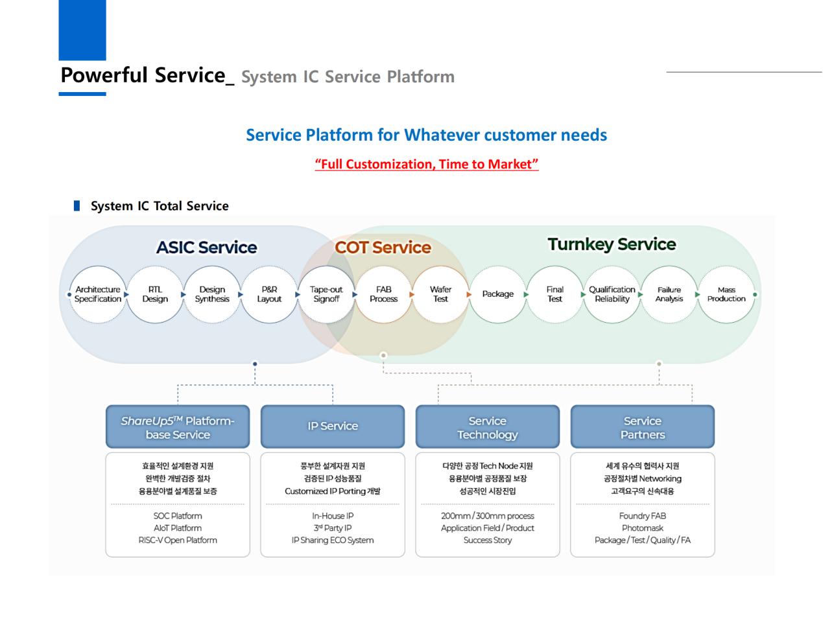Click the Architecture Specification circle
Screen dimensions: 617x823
pos(98,294)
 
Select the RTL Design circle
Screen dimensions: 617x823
pos(155,294)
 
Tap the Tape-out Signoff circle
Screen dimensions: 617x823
pos(326,294)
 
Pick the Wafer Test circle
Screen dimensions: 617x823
pos(440,294)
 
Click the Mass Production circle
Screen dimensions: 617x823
pos(726,294)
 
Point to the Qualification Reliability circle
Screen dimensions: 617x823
pos(612,294)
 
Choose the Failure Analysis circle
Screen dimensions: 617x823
pos(669,294)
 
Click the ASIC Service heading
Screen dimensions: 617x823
pos(206,248)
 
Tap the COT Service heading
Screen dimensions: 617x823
pos(383,248)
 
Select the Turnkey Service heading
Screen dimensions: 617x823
pos(612,244)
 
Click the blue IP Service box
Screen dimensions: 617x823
pos(333,426)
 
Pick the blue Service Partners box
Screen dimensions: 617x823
pos(642,427)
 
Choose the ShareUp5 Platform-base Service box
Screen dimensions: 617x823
pos(178,427)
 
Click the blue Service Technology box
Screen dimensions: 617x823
pos(487,427)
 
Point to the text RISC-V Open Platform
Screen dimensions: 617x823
pos(178,541)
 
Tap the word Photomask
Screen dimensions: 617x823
pos(642,528)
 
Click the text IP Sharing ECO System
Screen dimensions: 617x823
pos(333,541)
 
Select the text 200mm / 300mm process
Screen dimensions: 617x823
pos(487,516)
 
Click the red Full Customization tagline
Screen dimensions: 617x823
pos(427,164)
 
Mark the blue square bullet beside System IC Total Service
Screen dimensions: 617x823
pos(77,206)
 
